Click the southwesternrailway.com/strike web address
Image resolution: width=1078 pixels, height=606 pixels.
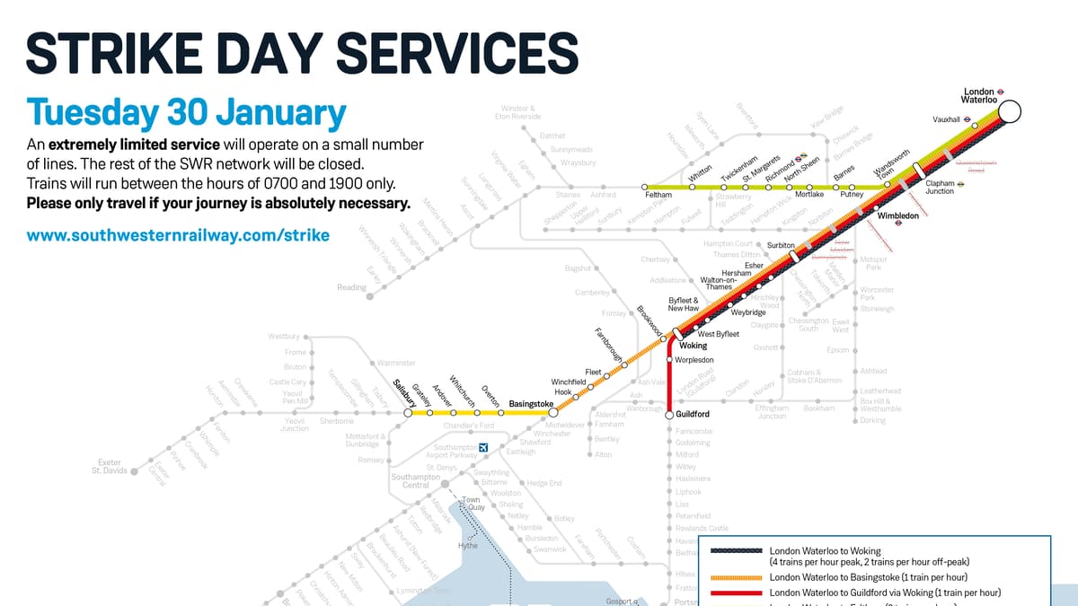point(178,236)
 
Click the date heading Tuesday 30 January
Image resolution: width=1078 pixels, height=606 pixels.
point(187,114)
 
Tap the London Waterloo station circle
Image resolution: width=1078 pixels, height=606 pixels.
point(1010,111)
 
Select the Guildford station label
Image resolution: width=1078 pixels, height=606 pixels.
point(693,414)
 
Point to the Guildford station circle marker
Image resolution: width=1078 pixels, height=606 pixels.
point(669,415)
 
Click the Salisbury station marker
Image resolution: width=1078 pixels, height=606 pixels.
point(408,413)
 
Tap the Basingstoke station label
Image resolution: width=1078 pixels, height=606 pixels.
point(531,404)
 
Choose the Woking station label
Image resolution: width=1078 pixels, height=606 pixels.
point(694,346)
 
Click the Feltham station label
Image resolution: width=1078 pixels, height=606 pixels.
point(658,195)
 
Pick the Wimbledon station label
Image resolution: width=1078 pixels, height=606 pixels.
point(897,216)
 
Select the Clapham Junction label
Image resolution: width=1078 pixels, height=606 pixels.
point(940,187)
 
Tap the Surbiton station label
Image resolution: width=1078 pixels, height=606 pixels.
point(781,244)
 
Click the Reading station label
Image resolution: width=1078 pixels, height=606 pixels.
point(351,287)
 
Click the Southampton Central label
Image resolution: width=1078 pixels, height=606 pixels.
point(416,481)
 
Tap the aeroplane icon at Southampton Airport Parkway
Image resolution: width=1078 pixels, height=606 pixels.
point(484,447)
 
